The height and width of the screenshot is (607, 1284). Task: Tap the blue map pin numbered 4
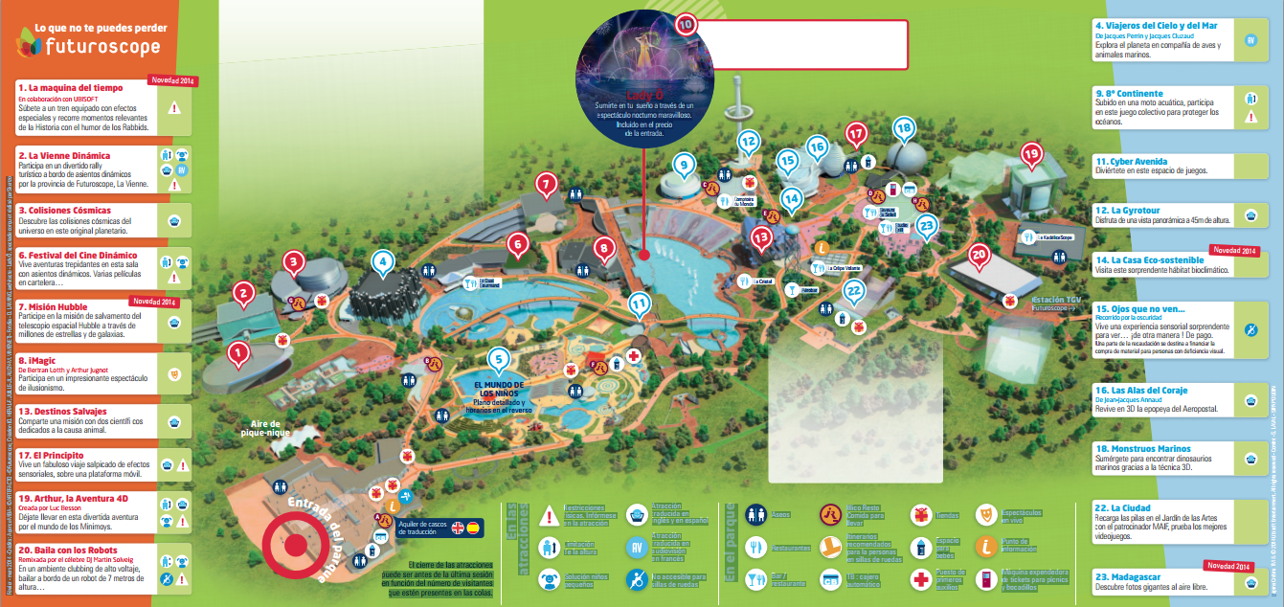(x=383, y=261)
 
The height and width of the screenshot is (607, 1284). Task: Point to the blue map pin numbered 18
(x=903, y=127)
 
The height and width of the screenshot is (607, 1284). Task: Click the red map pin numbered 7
(x=546, y=183)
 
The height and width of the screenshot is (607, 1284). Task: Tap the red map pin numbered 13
(x=762, y=236)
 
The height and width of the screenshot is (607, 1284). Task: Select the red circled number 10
(x=685, y=26)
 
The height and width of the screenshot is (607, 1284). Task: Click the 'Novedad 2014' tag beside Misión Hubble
(x=154, y=302)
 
